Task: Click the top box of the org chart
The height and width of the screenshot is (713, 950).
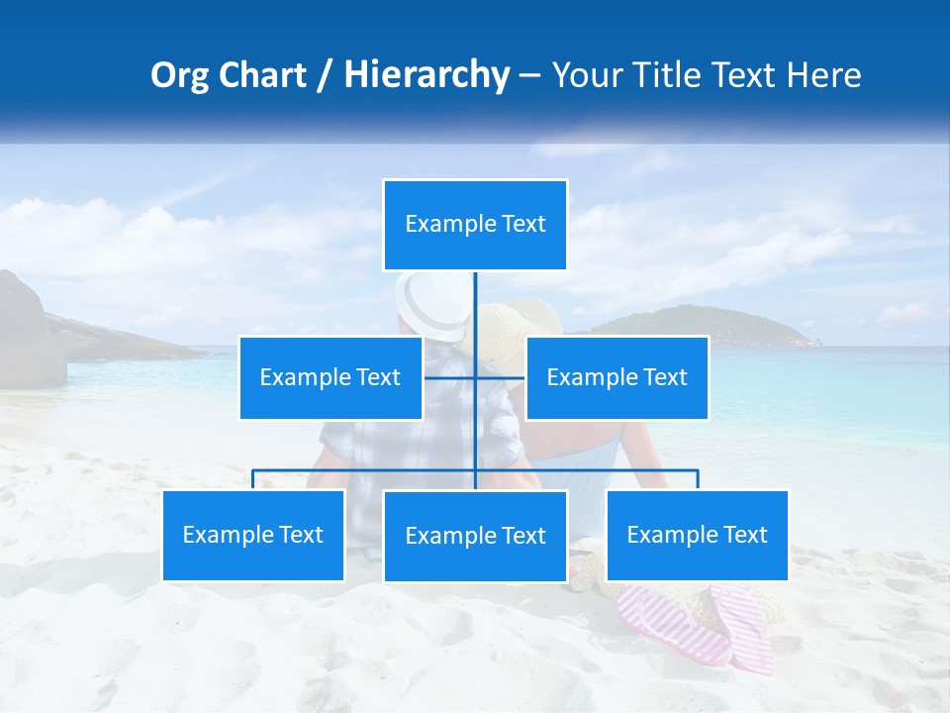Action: click(475, 225)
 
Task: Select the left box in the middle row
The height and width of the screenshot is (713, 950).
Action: click(331, 377)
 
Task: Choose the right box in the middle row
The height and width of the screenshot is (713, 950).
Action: click(617, 377)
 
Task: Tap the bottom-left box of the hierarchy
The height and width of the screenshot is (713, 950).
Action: click(253, 535)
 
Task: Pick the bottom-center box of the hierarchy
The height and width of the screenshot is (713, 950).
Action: click(475, 536)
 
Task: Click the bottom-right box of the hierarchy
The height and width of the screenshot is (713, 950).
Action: click(697, 535)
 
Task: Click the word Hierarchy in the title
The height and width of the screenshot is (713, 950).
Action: click(427, 75)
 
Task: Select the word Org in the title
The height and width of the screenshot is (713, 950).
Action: click(179, 75)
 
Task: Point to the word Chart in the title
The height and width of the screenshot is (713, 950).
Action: click(262, 75)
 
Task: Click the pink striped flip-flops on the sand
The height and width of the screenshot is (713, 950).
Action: click(693, 624)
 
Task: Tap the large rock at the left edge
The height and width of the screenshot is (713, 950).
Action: click(28, 332)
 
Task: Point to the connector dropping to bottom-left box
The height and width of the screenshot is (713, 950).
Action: click(253, 479)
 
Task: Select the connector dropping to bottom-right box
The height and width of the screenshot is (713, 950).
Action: click(697, 479)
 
